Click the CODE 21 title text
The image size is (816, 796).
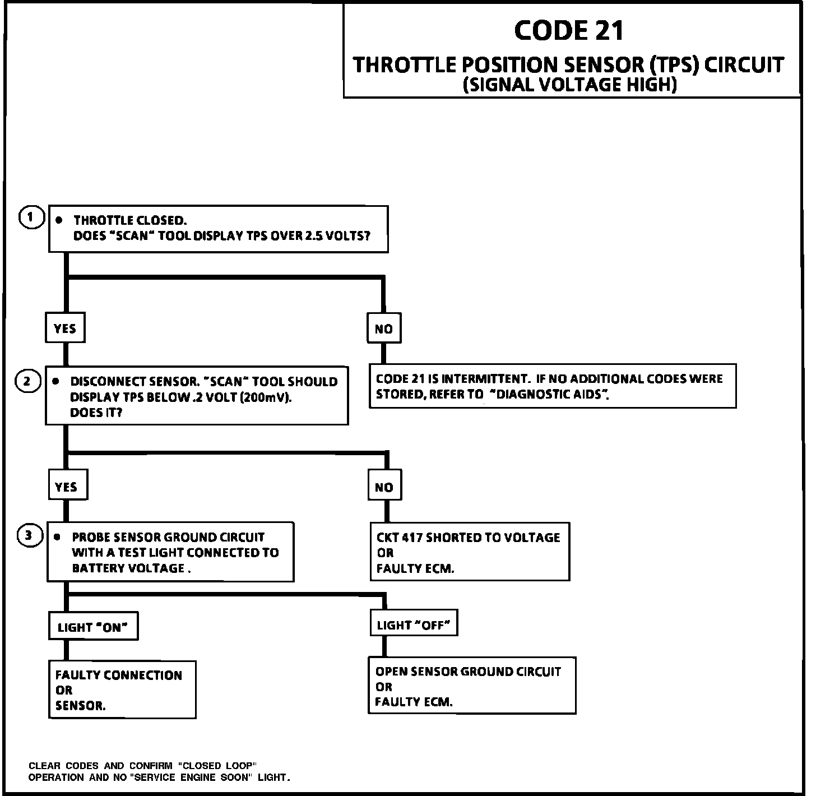[x=568, y=31]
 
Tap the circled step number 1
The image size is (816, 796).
[x=31, y=217]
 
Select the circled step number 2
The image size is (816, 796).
[x=27, y=382]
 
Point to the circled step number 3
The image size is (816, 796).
[x=30, y=536]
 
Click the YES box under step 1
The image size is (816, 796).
[x=65, y=328]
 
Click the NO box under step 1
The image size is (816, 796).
[x=384, y=329]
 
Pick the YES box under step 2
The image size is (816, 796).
[x=67, y=487]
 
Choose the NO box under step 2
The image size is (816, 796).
[x=384, y=488]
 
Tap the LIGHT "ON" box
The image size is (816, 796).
[x=93, y=627]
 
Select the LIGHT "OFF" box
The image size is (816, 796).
[x=414, y=625]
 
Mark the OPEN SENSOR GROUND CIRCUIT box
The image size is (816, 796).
[x=471, y=686]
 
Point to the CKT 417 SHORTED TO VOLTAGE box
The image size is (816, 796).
[x=470, y=552]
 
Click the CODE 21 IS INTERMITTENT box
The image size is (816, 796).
[x=552, y=386]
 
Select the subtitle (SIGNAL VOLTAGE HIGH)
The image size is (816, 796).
[x=570, y=85]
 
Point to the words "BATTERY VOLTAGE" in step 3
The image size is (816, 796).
[x=128, y=568]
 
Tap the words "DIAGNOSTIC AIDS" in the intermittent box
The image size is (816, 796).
[x=549, y=394]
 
